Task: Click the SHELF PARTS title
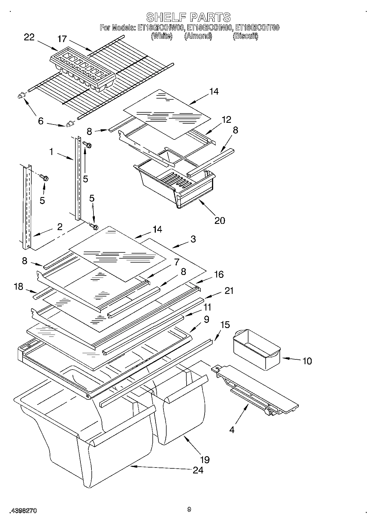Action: point(189,17)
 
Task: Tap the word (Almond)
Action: point(198,36)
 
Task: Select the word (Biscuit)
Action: point(245,36)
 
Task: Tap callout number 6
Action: point(41,121)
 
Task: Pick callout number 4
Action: point(232,430)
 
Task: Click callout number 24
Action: point(198,470)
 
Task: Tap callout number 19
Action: point(205,460)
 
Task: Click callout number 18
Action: point(18,287)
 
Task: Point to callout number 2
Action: point(60,227)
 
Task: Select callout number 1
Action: point(51,152)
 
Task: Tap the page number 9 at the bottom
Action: point(189,509)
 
